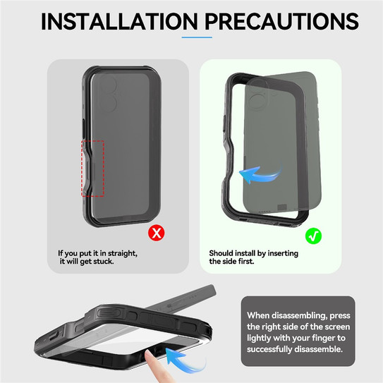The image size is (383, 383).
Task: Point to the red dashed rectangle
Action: (x=94, y=168)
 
